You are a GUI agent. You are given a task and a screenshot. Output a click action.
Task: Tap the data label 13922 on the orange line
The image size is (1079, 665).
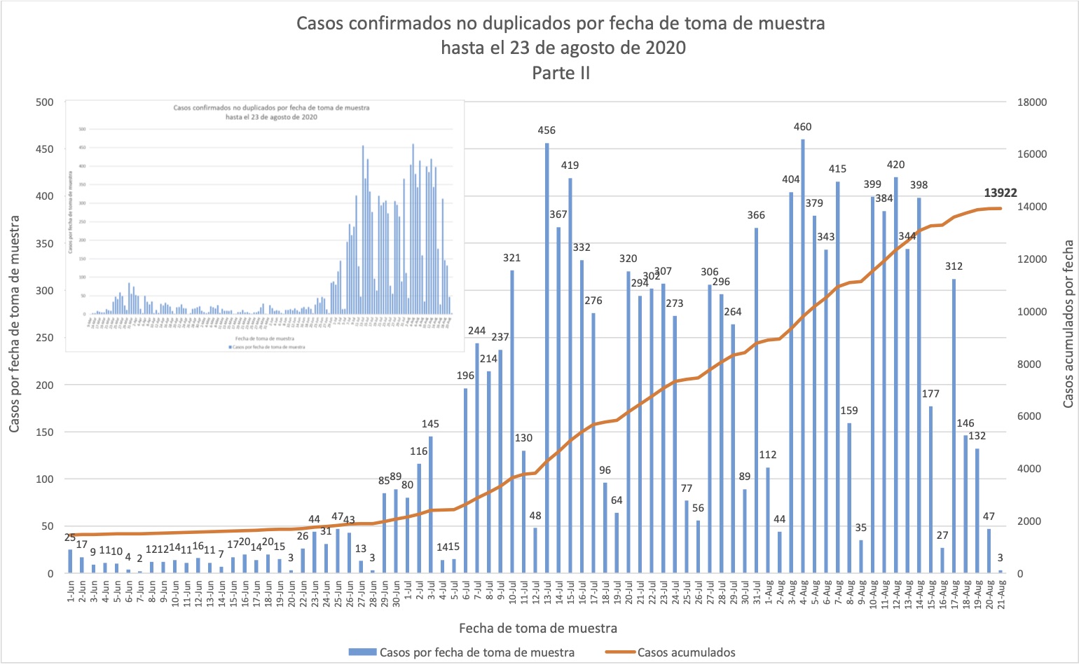1001,193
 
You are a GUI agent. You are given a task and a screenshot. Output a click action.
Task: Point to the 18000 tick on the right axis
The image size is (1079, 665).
1031,102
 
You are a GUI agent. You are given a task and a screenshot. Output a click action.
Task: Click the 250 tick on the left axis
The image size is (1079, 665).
45,338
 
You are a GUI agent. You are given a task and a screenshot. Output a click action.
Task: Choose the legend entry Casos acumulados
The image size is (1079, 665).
686,652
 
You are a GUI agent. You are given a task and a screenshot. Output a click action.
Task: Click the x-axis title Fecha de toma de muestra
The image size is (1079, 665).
538,628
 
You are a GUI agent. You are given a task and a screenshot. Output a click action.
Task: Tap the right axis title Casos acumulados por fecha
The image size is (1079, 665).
1068,324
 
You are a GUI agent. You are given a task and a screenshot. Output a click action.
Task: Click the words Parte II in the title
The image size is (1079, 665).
561,73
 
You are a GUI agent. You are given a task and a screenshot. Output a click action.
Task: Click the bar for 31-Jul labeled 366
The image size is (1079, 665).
757,400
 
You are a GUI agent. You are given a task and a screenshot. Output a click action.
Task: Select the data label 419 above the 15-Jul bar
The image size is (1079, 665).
570,165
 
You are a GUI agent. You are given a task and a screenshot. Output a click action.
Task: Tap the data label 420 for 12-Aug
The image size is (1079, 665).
895,165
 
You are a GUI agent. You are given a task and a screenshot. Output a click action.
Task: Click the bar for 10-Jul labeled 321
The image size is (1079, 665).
512,421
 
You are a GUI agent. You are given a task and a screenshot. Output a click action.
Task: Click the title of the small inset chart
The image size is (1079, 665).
271,112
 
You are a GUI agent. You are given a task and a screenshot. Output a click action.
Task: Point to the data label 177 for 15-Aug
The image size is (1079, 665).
930,394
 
